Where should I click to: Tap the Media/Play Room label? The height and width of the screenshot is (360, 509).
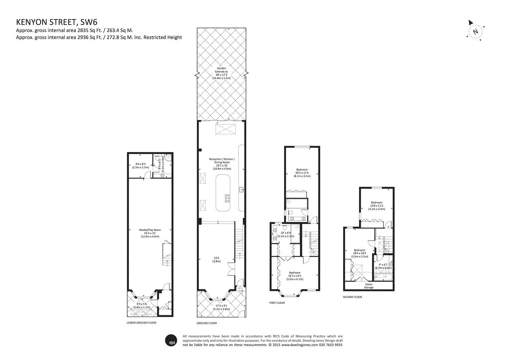[150, 233]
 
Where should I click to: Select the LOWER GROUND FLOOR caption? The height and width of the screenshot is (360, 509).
[142, 323]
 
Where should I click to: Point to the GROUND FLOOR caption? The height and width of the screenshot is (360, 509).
[207, 323]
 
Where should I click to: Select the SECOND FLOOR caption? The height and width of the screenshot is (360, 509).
[353, 297]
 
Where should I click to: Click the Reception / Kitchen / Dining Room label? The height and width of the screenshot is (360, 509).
[222, 164]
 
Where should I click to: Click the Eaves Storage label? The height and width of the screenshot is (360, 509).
[369, 286]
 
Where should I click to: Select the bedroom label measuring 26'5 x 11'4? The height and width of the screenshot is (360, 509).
[302, 173]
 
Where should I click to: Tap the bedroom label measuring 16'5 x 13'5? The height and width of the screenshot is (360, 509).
[295, 275]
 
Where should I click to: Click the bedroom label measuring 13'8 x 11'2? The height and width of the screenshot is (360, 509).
[376, 205]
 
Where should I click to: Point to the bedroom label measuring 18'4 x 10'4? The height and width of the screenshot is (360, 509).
[360, 253]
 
